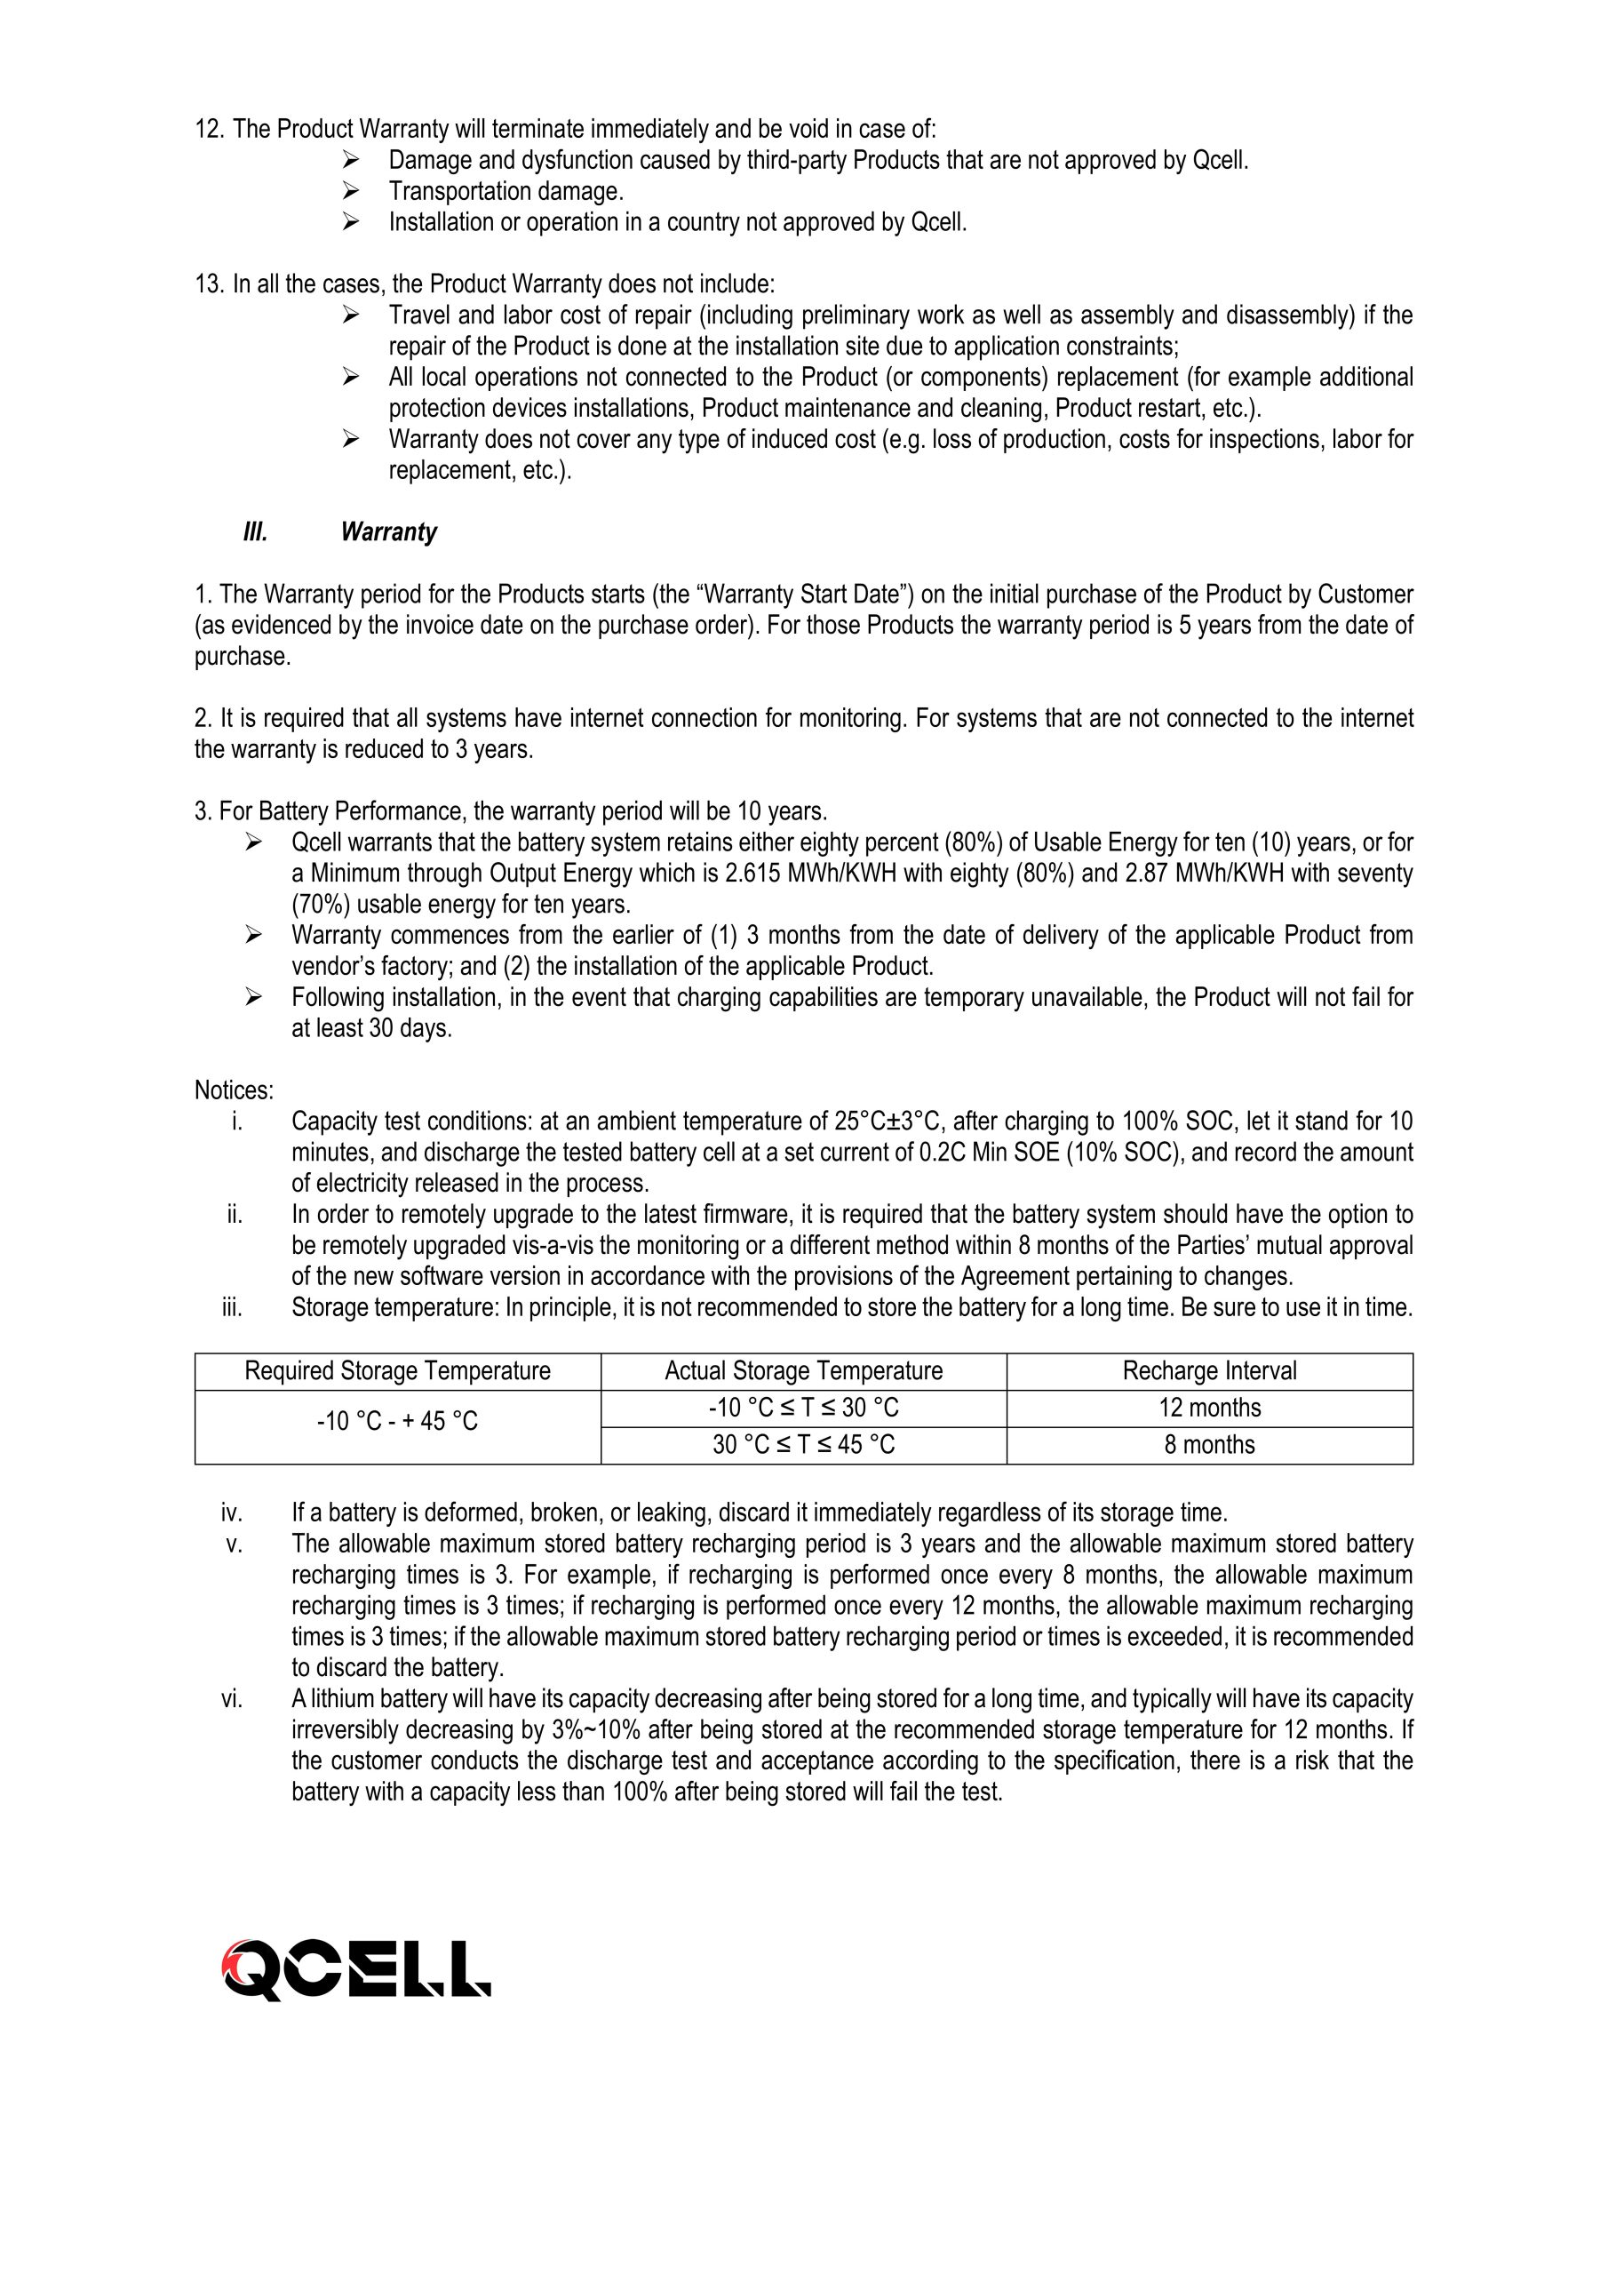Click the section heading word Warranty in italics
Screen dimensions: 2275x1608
coord(388,533)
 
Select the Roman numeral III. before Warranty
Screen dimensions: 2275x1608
coord(255,533)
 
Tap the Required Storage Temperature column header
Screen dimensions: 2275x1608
coord(397,1371)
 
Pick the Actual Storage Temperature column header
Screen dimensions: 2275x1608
coord(803,1371)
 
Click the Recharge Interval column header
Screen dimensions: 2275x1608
coord(1209,1371)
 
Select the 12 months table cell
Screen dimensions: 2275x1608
coord(1209,1408)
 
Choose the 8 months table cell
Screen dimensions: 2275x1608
coord(1209,1446)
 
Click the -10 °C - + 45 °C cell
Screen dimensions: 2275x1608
coord(397,1422)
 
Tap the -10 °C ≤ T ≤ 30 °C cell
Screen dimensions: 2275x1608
coord(803,1408)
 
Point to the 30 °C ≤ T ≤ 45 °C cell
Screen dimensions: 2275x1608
coord(803,1446)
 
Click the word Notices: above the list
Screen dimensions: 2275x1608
coord(234,1091)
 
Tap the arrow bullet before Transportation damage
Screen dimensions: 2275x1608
coord(350,191)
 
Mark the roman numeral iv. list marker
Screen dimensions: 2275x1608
coord(231,1513)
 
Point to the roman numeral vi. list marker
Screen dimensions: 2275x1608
coord(231,1699)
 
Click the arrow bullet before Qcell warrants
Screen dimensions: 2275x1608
coord(252,843)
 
